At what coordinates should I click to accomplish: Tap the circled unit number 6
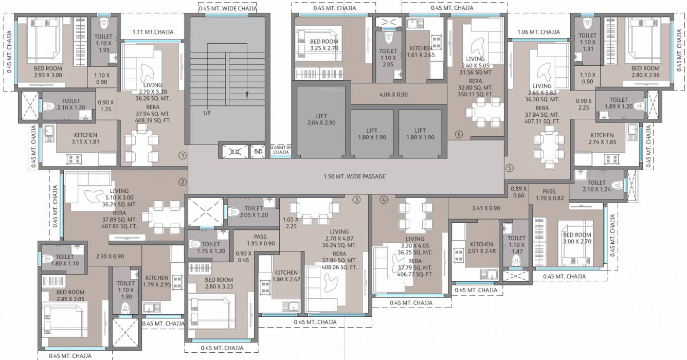pos(459,135)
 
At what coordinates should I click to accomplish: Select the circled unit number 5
pos(509,167)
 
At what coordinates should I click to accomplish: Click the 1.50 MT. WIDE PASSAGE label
pos(354,176)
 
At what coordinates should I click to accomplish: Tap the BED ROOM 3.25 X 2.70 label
pos(317,45)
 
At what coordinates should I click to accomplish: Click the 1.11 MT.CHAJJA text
pos(152,32)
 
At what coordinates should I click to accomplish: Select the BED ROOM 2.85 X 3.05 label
pos(70,296)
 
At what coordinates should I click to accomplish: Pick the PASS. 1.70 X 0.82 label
pos(549,194)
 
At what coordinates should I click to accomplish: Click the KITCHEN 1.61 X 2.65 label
pos(420,52)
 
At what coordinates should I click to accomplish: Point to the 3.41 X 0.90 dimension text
pos(485,208)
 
